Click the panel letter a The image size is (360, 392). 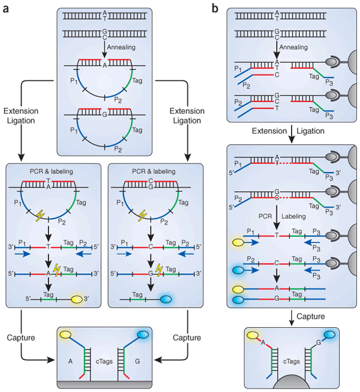(5, 8)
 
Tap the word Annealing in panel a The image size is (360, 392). (121, 47)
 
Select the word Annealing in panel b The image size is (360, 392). (293, 47)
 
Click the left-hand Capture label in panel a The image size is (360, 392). (21, 337)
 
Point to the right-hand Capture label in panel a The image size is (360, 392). (187, 337)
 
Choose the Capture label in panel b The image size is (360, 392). (311, 316)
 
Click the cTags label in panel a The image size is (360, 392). (104, 361)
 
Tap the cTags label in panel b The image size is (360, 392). (292, 361)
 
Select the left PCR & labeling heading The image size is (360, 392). (51, 171)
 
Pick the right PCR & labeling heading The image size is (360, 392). (154, 171)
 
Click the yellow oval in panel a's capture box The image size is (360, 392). (65, 334)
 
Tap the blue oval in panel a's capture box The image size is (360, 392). (143, 334)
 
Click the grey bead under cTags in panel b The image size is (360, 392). (292, 381)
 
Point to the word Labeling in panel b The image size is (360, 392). (294, 216)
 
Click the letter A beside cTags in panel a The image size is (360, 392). (71, 361)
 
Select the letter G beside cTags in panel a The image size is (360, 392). (137, 361)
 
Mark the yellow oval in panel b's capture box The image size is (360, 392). (252, 335)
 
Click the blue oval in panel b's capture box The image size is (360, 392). (330, 334)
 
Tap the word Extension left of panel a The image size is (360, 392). (21, 111)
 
